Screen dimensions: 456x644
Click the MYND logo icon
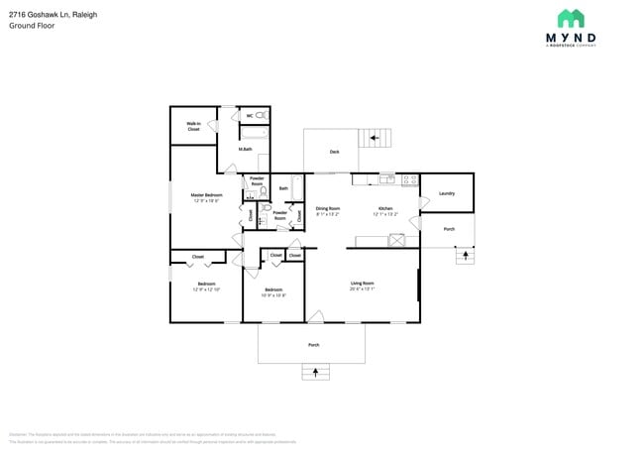[x=570, y=18]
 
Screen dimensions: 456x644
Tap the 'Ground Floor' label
[x=33, y=26]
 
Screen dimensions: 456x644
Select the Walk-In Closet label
[x=193, y=127]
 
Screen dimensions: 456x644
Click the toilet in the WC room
[x=261, y=116]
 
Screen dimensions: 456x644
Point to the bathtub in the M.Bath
[x=255, y=131]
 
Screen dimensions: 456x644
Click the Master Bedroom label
[x=206, y=197]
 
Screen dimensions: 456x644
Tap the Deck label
[x=334, y=152]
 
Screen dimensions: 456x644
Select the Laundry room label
[x=446, y=193]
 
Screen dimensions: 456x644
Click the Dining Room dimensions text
[x=328, y=214]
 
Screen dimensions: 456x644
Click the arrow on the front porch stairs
[x=316, y=373]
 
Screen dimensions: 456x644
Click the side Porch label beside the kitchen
[x=449, y=229]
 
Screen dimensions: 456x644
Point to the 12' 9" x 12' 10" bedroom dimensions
[x=206, y=289]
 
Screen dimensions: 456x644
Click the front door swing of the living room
[x=315, y=316]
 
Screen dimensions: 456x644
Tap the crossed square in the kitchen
[x=397, y=240]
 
